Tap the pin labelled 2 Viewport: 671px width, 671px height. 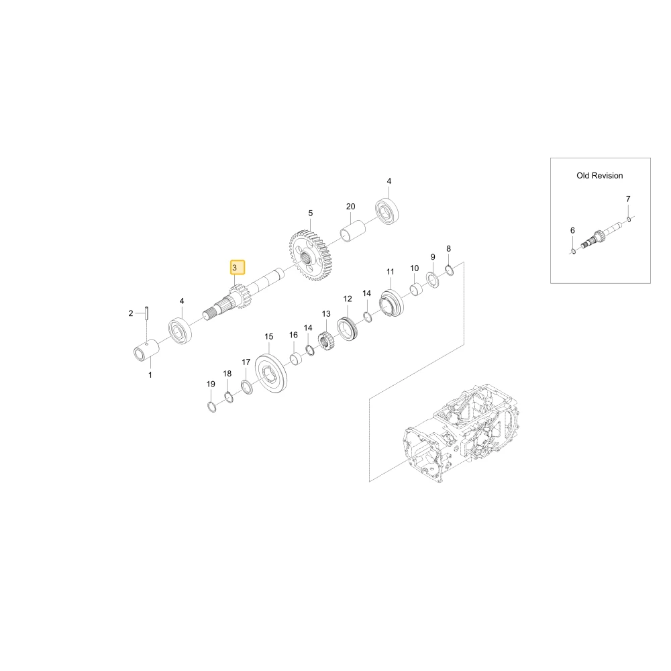(x=146, y=313)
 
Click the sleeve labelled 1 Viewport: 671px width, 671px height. (x=146, y=352)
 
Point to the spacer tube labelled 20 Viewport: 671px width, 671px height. (x=353, y=229)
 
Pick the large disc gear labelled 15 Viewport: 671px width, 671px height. (x=271, y=374)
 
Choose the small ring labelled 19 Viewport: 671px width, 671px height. (x=211, y=407)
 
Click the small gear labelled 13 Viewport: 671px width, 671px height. (x=327, y=342)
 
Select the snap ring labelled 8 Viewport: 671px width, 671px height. (x=450, y=270)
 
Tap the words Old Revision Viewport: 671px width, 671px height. (x=599, y=175)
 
